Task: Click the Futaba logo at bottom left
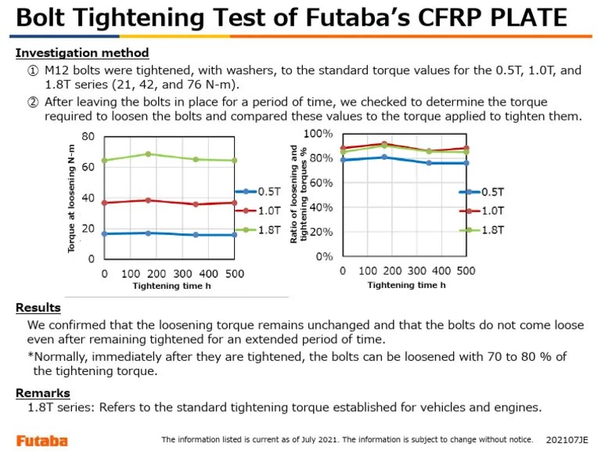tap(42, 440)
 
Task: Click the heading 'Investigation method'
tap(82, 53)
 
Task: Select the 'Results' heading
tap(38, 308)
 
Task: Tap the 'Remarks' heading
tap(43, 393)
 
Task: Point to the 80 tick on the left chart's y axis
tap(88, 136)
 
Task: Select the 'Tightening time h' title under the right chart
tap(407, 285)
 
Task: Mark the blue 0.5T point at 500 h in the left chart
tap(234, 235)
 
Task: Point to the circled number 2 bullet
tap(34, 102)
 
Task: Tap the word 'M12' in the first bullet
tap(59, 70)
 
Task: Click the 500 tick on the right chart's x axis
tap(466, 271)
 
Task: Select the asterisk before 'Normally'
tap(31, 357)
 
